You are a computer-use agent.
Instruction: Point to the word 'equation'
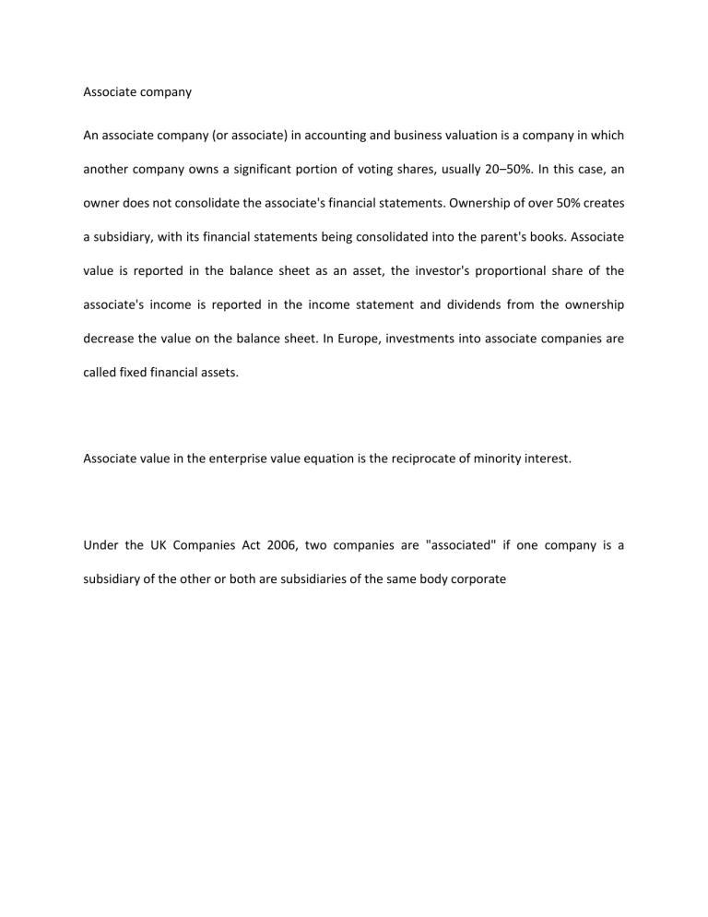[x=347, y=457]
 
